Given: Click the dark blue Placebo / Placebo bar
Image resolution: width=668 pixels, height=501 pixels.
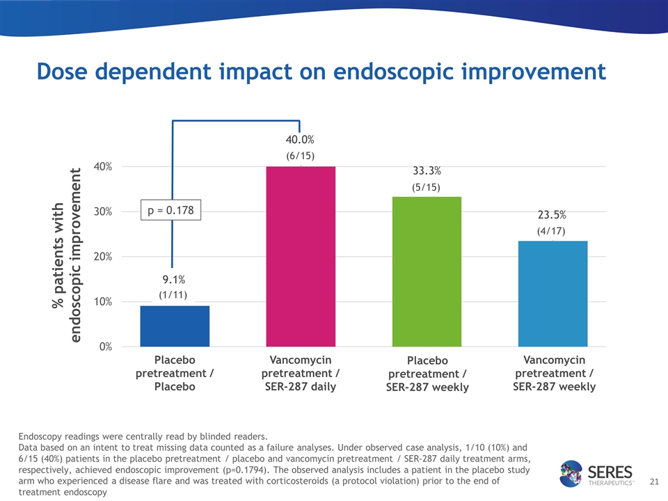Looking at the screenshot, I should tap(175, 326).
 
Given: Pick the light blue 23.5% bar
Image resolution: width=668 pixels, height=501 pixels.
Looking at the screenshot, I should tap(552, 293).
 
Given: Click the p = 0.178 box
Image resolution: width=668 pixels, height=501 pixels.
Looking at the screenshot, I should tap(171, 209).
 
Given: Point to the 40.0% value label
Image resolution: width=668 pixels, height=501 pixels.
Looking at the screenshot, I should tap(301, 141).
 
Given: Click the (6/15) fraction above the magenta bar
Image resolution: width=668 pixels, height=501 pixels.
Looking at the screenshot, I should tap(301, 156).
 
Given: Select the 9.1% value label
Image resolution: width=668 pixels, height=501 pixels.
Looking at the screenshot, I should tap(174, 280).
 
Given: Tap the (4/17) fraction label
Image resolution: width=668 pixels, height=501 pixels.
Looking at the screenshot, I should tap(550, 230).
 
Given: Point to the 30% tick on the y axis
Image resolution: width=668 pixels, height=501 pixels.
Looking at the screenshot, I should tap(103, 212).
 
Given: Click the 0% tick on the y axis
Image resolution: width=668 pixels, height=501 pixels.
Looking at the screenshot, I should tap(106, 347).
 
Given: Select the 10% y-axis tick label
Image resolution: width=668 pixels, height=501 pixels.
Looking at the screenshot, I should tap(103, 301).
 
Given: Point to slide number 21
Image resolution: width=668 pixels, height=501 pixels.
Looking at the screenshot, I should tap(653, 481).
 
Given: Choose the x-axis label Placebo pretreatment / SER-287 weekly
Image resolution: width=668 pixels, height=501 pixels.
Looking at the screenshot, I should tap(427, 374).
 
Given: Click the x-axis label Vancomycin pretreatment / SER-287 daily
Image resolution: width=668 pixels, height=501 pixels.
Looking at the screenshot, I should tap(301, 373).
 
